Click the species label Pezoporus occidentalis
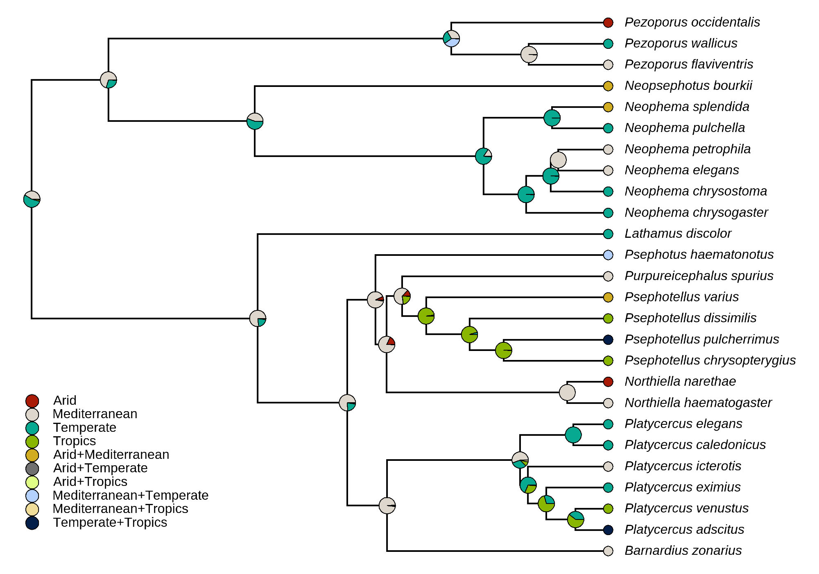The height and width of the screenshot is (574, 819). click(x=692, y=22)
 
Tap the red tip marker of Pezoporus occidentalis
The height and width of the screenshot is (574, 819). click(x=608, y=23)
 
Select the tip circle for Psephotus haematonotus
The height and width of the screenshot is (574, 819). click(x=608, y=255)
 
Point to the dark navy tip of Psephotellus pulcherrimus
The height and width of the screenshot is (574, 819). click(x=608, y=339)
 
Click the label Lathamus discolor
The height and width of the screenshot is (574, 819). click(x=678, y=234)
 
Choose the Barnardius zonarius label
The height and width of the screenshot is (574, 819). click(x=683, y=551)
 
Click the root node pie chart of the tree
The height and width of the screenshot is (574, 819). click(x=32, y=199)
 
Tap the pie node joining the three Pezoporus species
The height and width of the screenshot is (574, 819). click(x=451, y=39)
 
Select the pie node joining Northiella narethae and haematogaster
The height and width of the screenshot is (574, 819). click(x=567, y=392)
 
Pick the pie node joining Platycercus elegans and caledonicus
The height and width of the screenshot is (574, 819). click(x=573, y=435)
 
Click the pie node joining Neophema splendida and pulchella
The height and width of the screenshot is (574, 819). click(x=552, y=118)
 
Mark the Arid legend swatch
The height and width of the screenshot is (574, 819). click(x=32, y=401)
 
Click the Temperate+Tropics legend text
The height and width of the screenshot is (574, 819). click(x=110, y=523)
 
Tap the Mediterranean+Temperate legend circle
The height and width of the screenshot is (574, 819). click(x=32, y=496)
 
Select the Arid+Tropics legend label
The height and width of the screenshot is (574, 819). click(x=90, y=482)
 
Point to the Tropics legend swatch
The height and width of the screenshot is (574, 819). click(x=32, y=442)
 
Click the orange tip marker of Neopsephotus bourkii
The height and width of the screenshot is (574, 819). click(x=608, y=86)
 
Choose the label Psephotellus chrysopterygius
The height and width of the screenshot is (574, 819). click(x=710, y=360)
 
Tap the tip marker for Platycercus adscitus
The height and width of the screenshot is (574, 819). click(x=608, y=530)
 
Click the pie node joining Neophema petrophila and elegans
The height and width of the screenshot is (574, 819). click(x=558, y=160)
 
